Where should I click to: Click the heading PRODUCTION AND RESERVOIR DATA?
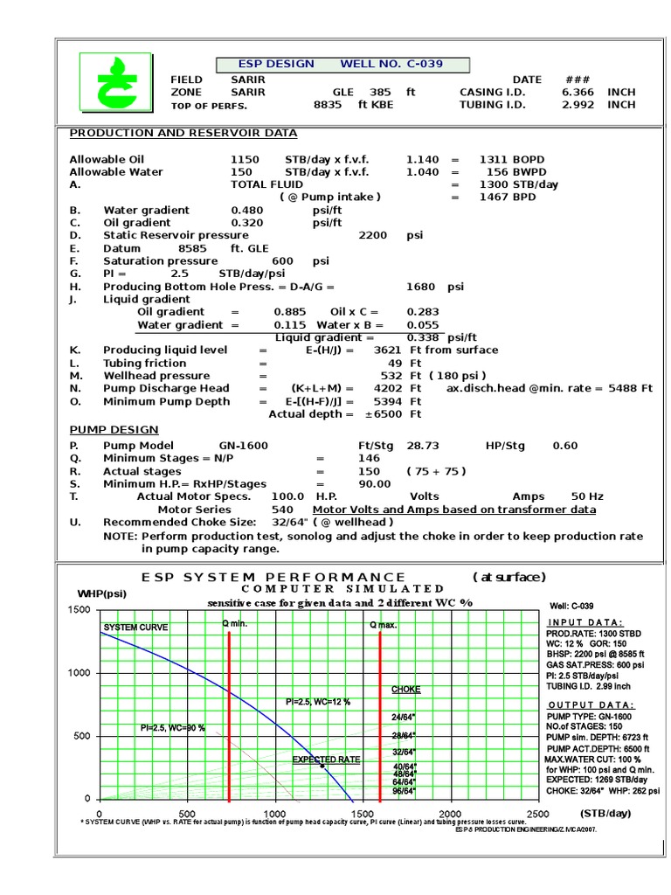pos(183,133)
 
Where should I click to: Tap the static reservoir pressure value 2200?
pos(373,236)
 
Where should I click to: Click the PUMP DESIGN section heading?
pos(114,429)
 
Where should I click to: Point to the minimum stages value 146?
pos(369,458)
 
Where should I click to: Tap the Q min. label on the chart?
pos(235,625)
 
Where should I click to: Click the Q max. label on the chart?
pos(384,625)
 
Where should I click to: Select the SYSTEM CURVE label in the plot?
pos(135,628)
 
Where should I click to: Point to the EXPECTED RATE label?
pos(326,760)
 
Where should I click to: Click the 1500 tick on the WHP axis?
pos(79,609)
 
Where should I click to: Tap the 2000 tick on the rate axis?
pos(450,812)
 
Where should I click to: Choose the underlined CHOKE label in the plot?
pos(405,690)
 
